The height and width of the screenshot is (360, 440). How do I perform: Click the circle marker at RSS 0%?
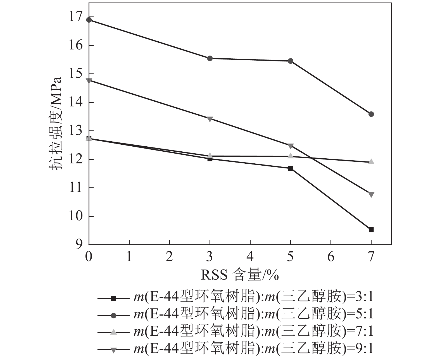(89, 20)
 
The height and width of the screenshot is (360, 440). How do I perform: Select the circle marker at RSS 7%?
(371, 114)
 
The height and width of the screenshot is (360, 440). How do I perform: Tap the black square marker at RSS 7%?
(371, 230)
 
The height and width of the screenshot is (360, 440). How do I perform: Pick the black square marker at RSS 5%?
(291, 168)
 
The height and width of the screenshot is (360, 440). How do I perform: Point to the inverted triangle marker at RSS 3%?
(210, 119)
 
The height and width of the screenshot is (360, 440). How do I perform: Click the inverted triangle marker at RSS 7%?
(371, 194)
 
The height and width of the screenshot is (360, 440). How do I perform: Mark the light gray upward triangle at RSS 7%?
(371, 162)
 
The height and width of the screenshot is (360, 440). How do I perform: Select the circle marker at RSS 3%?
(210, 58)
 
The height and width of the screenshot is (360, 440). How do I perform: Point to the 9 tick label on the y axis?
(79, 245)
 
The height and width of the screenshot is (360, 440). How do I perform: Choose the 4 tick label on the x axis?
(250, 256)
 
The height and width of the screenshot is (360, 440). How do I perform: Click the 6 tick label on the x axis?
(331, 256)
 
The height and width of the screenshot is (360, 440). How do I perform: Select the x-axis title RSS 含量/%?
(240, 275)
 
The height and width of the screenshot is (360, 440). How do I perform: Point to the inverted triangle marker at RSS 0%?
(89, 81)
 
